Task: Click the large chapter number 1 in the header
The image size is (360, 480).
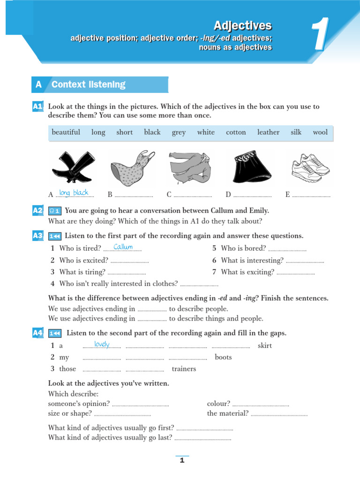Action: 321,34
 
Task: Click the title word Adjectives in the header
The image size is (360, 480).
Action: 242,25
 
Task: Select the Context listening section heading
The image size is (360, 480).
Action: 89,84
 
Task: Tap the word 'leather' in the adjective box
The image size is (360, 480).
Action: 268,132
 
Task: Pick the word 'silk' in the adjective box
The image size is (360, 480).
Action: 296,132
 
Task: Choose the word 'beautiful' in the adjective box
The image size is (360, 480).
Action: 66,132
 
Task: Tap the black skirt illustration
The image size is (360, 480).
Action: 250,168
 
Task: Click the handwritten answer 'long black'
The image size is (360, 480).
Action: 74,193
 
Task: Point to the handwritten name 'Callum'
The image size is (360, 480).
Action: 123,247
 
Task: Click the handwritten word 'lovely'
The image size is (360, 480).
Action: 102,345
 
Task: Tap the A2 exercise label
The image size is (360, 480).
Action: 38,210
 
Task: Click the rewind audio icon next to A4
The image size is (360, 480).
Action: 54,333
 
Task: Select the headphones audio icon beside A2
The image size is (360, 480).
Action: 54,211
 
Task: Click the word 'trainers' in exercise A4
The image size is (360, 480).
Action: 184,369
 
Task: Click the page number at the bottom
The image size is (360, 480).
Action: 182,460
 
